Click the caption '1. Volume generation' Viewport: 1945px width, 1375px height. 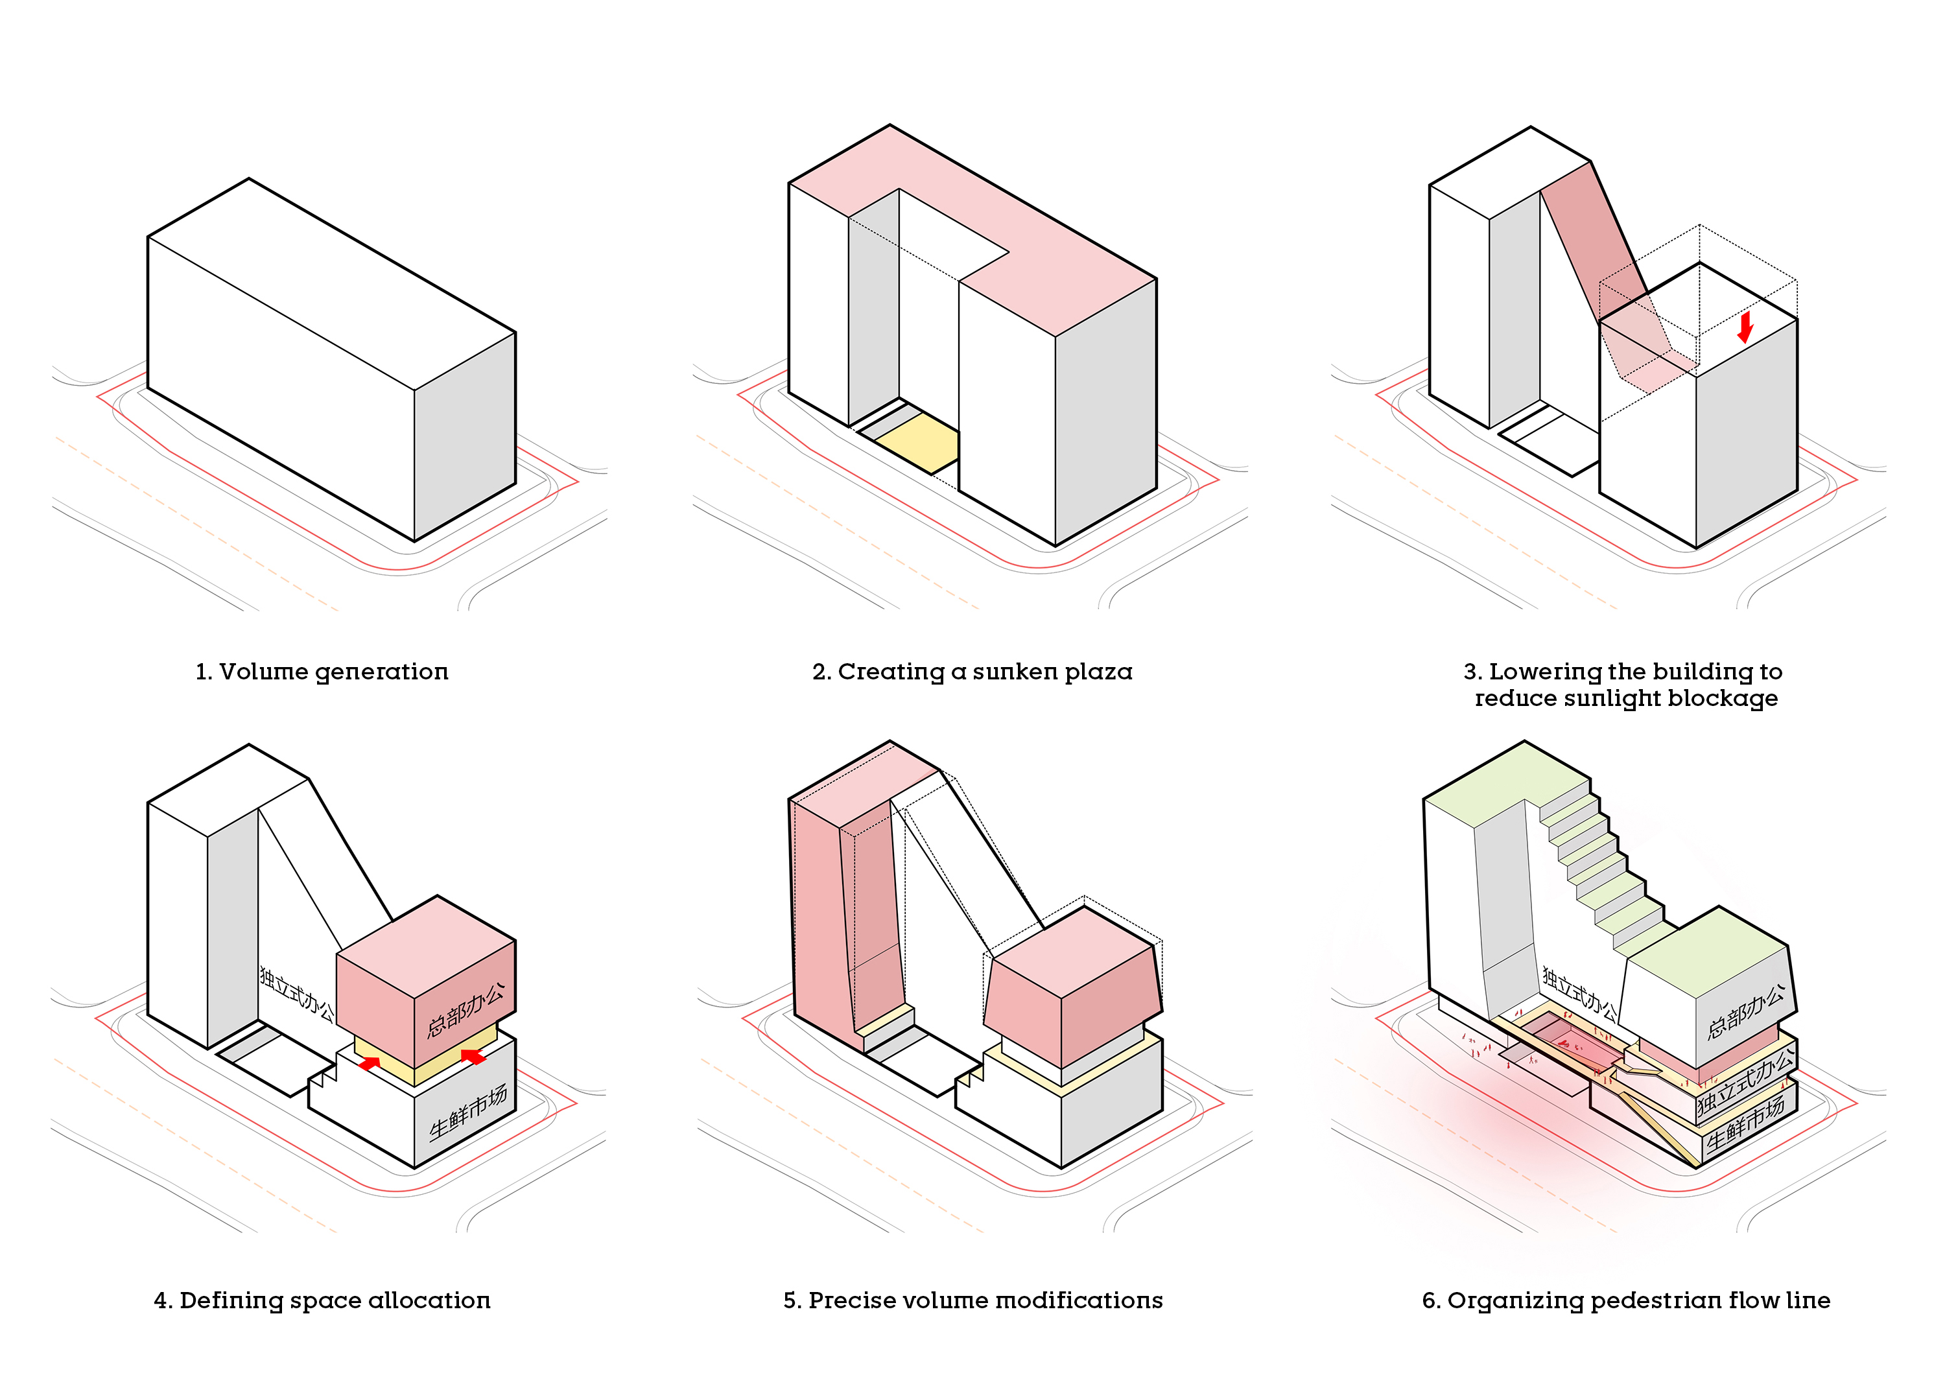point(322,672)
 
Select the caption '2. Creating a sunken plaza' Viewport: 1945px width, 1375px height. point(972,672)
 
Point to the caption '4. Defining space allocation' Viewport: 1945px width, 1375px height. point(322,1300)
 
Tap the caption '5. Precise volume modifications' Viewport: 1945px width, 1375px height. point(972,1300)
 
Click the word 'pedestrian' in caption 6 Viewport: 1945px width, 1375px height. point(1656,1300)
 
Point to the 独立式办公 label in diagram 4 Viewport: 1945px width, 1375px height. point(296,992)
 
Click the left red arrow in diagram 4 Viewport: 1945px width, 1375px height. point(368,1063)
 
